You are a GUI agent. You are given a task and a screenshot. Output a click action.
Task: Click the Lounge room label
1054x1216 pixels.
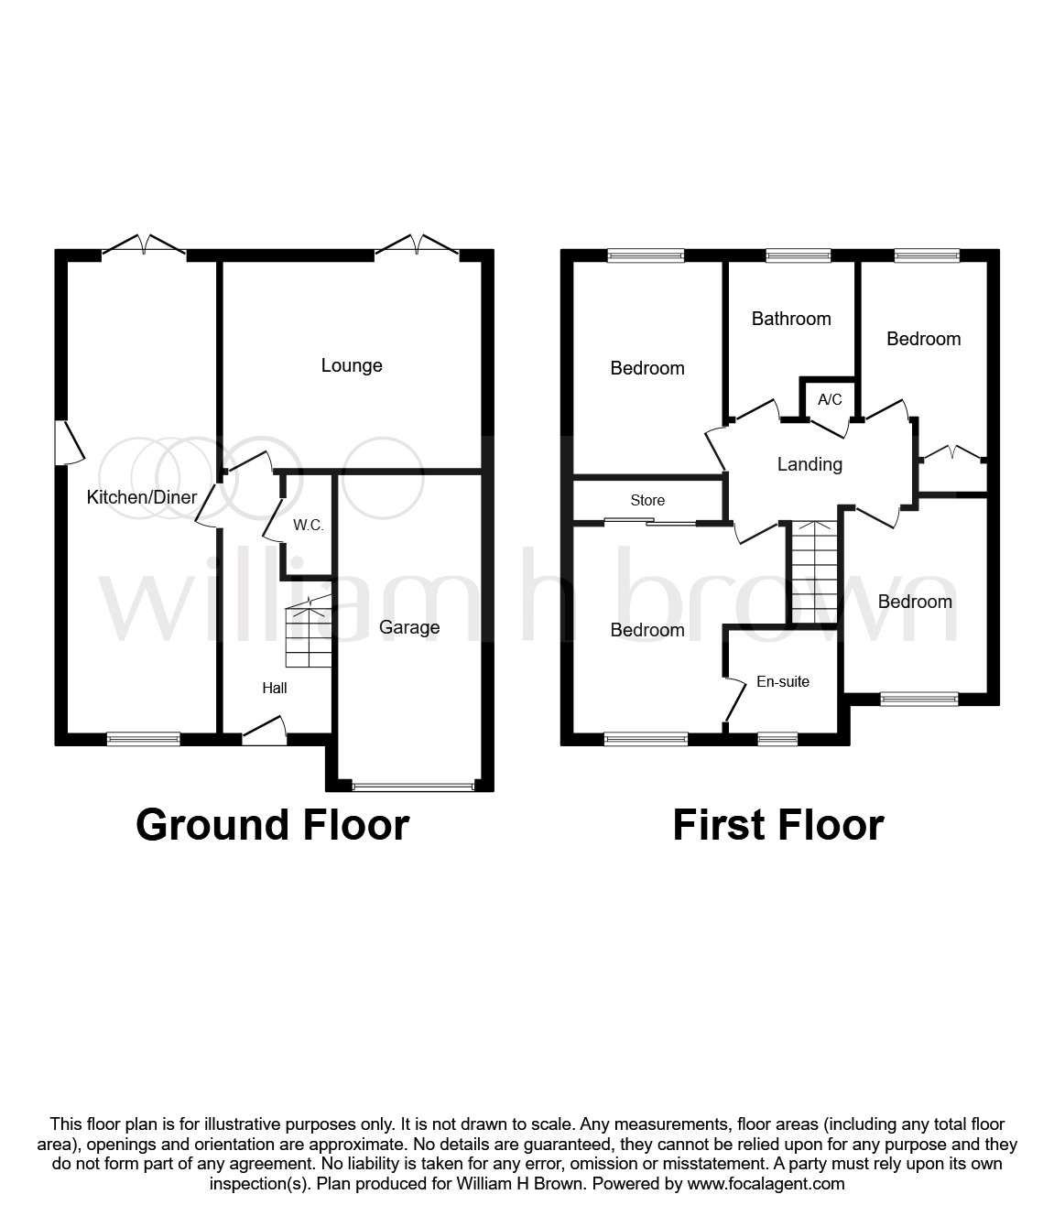tap(352, 365)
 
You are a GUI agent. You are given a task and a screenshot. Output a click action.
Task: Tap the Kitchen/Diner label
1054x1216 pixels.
tap(142, 497)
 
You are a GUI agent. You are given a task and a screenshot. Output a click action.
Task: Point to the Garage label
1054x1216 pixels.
tap(409, 627)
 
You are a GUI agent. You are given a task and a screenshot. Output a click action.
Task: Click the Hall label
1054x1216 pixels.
tap(275, 688)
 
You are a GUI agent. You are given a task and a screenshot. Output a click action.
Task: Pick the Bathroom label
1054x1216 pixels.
tap(791, 319)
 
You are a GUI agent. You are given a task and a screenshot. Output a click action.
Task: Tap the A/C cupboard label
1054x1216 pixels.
tap(830, 399)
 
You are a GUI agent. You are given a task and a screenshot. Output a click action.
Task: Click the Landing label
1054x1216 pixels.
tap(810, 464)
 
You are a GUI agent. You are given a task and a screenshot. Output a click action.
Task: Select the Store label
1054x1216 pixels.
tap(647, 500)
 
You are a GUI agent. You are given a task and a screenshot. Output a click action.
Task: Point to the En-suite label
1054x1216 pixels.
tap(783, 681)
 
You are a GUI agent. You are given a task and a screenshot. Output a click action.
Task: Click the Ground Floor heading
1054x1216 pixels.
tap(272, 824)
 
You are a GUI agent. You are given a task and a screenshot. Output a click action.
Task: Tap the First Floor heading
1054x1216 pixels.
tap(777, 824)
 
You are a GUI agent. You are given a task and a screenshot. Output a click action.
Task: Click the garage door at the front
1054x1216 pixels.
tap(414, 785)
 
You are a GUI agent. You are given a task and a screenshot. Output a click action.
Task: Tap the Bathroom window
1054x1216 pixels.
tap(799, 255)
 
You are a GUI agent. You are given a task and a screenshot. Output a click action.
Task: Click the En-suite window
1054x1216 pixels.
tap(777, 738)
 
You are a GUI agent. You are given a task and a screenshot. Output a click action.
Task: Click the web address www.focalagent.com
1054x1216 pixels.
tap(766, 1184)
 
